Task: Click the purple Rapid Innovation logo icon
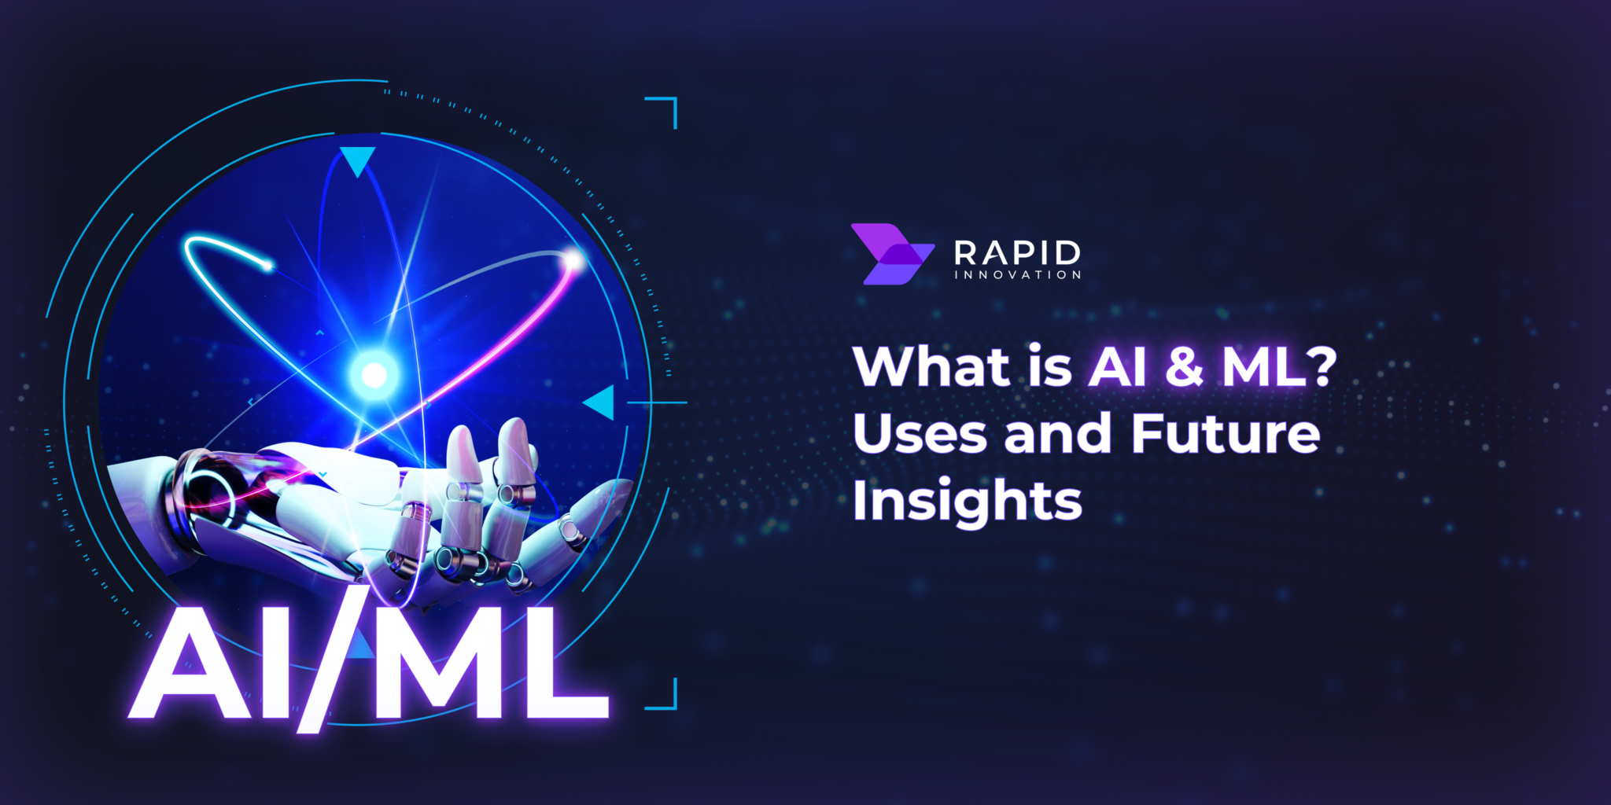click(891, 253)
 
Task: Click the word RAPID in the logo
click(1017, 252)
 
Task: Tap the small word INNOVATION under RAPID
click(1017, 275)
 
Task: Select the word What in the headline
click(931, 367)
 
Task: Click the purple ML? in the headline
click(1278, 367)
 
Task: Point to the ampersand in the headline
click(1184, 367)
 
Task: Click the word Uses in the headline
click(920, 434)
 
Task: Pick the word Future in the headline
click(1225, 434)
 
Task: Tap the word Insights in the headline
click(967, 501)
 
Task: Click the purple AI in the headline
click(1117, 367)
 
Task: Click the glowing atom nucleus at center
click(374, 375)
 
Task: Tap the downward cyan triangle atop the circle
click(357, 160)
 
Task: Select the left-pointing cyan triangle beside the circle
click(601, 402)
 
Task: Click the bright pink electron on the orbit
click(573, 260)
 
